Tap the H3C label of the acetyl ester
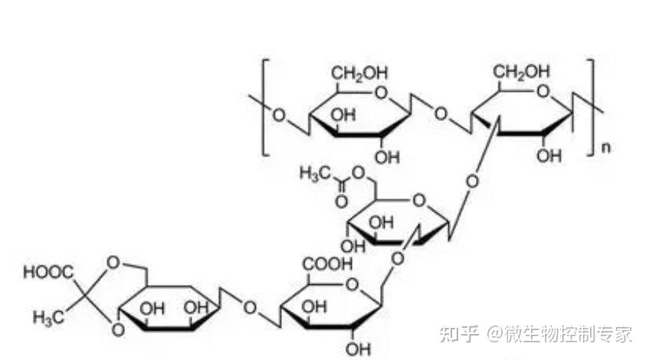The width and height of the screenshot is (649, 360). [315, 174]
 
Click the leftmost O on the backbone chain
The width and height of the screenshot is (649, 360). [278, 116]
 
